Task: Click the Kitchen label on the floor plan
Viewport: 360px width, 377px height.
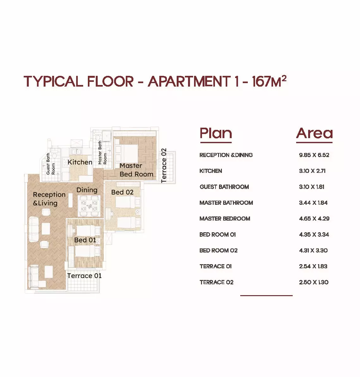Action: [x=80, y=162]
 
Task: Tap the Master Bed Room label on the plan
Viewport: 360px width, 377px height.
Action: [x=136, y=170]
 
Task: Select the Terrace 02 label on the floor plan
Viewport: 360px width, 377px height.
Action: [x=163, y=166]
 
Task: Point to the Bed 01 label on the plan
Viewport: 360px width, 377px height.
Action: [x=85, y=240]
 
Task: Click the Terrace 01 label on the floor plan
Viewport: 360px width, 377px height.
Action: [x=84, y=276]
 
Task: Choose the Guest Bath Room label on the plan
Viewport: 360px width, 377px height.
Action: [x=51, y=164]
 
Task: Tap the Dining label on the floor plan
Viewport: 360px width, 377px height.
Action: [x=87, y=190]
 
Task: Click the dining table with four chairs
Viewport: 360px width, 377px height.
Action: [x=89, y=206]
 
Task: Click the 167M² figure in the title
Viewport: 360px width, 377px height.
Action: [x=269, y=81]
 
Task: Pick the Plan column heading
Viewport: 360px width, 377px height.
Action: [x=216, y=133]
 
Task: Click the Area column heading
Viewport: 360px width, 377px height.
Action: [x=314, y=133]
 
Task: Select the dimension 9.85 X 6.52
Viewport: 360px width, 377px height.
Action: [x=314, y=155]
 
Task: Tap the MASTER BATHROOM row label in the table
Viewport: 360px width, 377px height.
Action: [x=226, y=203]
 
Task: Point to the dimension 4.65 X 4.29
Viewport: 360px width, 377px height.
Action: [x=314, y=219]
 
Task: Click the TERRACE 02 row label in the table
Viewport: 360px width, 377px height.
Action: [x=217, y=282]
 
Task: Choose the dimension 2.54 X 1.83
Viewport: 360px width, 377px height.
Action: [x=313, y=266]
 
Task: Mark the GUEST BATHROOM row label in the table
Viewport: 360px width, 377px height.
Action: [x=224, y=187]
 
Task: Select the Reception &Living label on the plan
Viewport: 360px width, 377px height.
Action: [x=49, y=199]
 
